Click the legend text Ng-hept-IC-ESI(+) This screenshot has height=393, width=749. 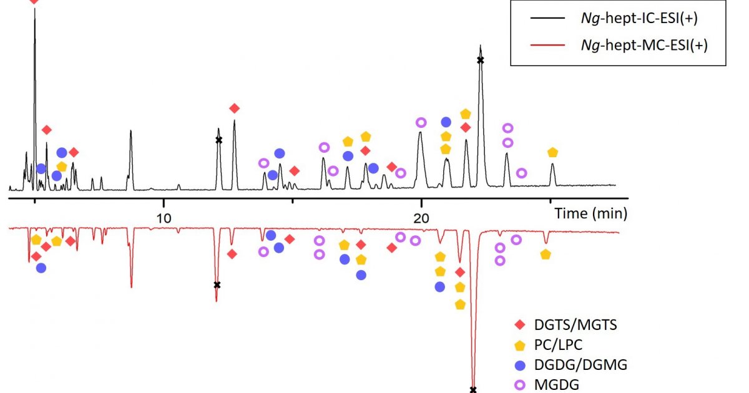click(639, 18)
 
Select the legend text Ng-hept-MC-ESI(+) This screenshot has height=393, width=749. click(644, 45)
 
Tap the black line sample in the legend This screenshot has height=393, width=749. click(547, 18)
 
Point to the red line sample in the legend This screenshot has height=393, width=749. click(547, 45)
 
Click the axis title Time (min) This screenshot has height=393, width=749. click(591, 213)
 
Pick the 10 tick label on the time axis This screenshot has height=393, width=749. click(164, 218)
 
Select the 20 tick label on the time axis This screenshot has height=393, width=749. click(421, 218)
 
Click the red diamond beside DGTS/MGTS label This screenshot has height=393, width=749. click(520, 324)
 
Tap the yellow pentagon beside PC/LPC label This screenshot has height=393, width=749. click(520, 345)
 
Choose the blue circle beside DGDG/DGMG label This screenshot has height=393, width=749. click(520, 366)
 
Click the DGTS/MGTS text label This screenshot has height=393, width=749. click(575, 325)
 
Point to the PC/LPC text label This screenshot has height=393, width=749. click(559, 345)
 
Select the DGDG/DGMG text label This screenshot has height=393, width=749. click(581, 365)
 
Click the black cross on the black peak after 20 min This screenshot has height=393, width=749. click(481, 61)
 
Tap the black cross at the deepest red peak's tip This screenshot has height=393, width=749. click(473, 390)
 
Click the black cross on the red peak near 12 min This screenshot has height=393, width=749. click(217, 285)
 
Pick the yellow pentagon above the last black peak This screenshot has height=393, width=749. click(553, 152)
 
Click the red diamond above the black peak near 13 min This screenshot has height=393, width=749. click(235, 109)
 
